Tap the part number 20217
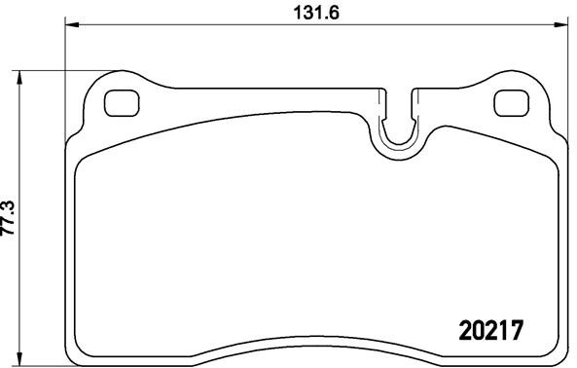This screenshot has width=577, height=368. [x=491, y=330]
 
